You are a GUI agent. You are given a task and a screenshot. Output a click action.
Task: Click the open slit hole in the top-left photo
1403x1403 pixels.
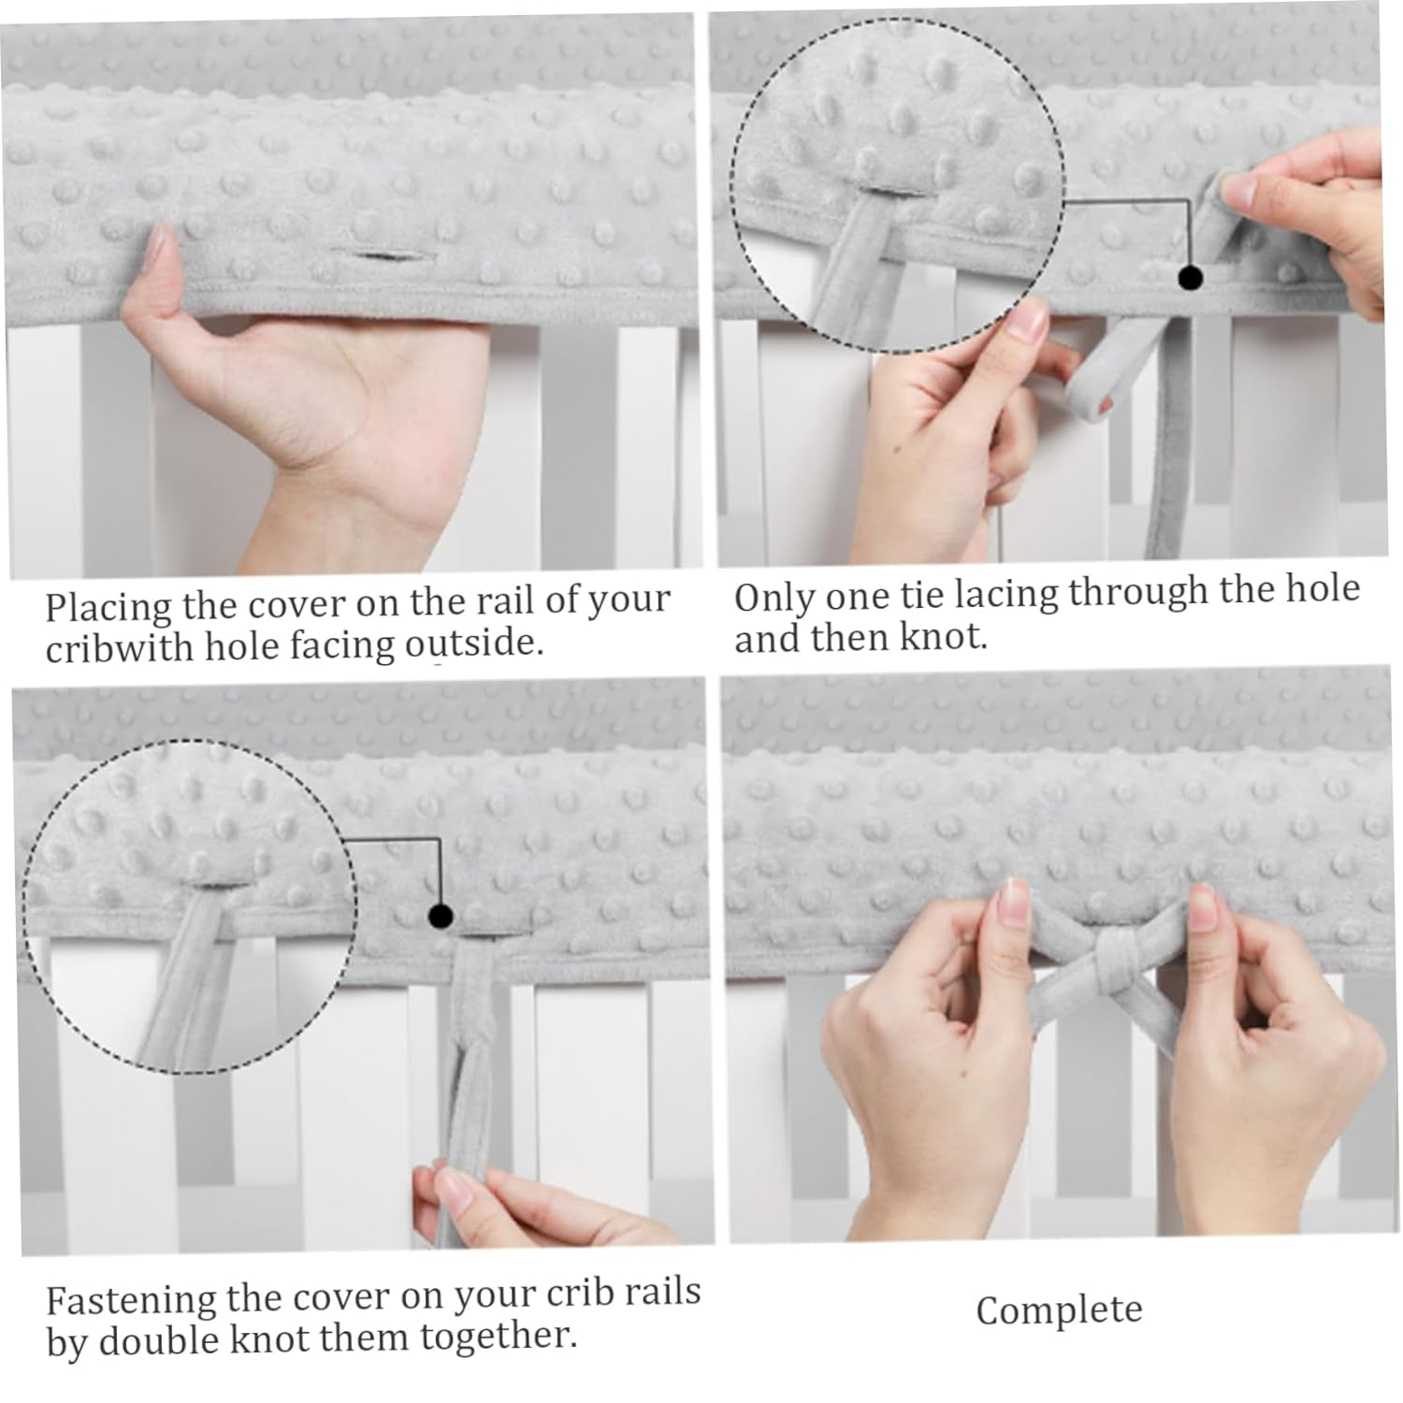coord(379,254)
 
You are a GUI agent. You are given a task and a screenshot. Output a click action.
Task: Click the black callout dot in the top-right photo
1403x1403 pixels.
coord(1190,277)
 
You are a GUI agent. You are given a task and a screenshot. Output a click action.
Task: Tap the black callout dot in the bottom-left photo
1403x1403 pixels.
coord(441,916)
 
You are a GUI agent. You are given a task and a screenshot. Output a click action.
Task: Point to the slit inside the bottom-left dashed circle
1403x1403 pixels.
coord(217,885)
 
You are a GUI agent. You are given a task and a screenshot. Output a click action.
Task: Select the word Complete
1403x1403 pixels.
coord(1059,1310)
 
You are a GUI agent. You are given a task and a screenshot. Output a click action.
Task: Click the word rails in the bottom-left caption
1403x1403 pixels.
coord(654,1293)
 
